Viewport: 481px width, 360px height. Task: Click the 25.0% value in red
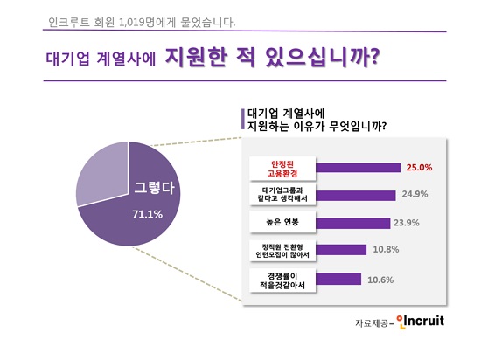point(419,168)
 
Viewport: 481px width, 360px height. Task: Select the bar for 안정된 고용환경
point(359,168)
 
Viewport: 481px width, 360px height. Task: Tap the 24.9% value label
point(415,194)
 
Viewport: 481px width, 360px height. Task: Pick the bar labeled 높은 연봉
point(353,224)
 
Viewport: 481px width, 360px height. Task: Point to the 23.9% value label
point(406,223)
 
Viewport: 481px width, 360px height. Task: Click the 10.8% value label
point(386,249)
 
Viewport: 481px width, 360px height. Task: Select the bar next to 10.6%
point(338,279)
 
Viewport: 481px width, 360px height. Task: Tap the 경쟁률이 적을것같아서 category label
point(282,280)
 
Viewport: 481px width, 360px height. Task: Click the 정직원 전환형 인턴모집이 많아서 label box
point(282,251)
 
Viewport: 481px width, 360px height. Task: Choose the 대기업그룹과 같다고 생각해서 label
point(282,194)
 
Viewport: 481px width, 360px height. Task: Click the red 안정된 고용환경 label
point(282,169)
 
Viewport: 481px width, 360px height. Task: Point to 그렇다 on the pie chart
point(154,188)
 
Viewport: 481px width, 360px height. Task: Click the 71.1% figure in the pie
point(147,214)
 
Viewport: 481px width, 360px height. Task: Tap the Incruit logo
point(421,322)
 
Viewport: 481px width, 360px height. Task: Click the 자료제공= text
point(374,323)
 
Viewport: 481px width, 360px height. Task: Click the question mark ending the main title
point(373,57)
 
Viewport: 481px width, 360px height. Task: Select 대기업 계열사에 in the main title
point(101,59)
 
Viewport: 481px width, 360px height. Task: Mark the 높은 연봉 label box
point(282,222)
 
